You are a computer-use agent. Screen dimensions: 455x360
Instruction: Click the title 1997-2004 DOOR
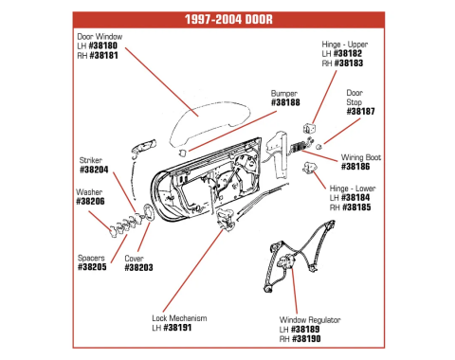click(x=228, y=19)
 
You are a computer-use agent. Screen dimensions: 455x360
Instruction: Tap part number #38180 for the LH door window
click(x=103, y=45)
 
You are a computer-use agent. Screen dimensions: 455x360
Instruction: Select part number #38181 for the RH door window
click(x=104, y=56)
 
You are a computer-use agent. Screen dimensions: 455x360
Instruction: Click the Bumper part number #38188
click(x=285, y=102)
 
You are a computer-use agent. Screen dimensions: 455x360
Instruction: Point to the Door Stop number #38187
click(x=360, y=112)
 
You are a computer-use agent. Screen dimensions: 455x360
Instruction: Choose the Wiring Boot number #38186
click(x=355, y=167)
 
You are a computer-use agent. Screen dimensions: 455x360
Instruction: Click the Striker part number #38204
click(x=94, y=170)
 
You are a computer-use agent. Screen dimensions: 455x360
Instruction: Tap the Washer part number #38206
click(x=90, y=202)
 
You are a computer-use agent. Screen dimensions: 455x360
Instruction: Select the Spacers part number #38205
click(x=92, y=267)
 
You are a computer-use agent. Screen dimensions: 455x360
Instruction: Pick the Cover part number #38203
click(x=138, y=268)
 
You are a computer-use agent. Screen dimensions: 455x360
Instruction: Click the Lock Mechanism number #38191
click(x=177, y=328)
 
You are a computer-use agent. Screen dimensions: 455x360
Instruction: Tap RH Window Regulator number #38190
click(x=306, y=339)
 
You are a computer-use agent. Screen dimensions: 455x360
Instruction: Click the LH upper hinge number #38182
click(x=348, y=54)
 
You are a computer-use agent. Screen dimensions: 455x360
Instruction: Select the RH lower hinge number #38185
click(x=356, y=207)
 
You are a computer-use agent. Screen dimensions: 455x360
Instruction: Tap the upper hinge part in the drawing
click(x=310, y=128)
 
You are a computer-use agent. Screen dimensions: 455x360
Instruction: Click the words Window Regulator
click(x=310, y=320)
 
